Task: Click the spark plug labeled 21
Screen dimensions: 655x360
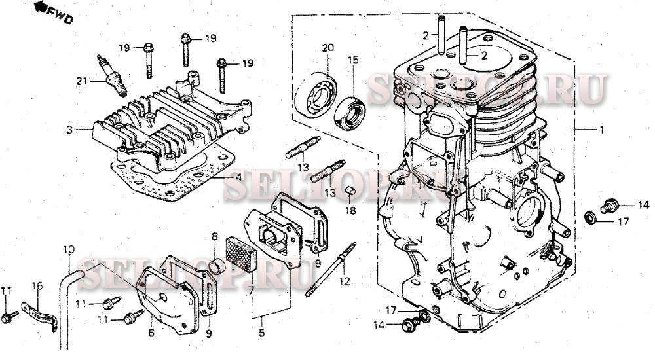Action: (111, 75)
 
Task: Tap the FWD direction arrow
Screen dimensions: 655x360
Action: (41, 7)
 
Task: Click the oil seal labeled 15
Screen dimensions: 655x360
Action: (350, 111)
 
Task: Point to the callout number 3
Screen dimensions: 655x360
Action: (69, 130)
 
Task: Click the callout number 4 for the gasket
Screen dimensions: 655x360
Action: (238, 177)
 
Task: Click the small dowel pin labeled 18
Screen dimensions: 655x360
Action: (350, 192)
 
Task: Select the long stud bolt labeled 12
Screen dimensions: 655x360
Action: (330, 270)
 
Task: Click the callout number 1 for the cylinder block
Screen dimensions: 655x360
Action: (602, 130)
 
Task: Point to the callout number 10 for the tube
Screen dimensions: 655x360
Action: (69, 250)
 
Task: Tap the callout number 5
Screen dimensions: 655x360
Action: (261, 333)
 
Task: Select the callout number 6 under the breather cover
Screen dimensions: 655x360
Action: (151, 333)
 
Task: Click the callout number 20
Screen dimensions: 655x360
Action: (328, 48)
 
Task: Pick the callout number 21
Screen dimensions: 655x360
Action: (82, 81)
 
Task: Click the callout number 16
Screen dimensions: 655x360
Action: (37, 286)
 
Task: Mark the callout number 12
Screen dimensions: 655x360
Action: (345, 281)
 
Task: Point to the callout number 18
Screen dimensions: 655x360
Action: (350, 211)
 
